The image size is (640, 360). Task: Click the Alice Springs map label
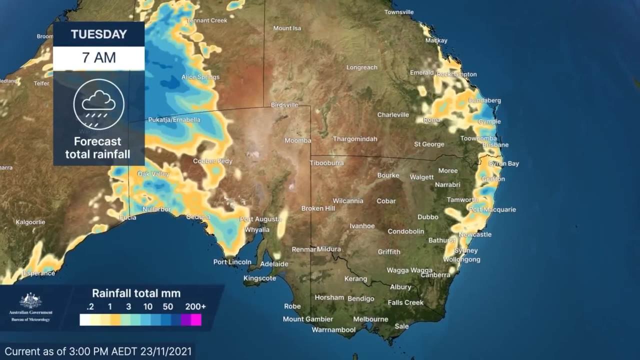coord(200,77)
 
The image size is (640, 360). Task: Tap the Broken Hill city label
coord(318,208)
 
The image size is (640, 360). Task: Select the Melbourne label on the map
coord(370,319)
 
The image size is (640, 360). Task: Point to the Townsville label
coord(399,12)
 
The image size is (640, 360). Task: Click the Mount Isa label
coord(287,28)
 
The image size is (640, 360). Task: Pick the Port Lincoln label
coord(232,262)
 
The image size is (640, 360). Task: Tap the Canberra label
coord(435,275)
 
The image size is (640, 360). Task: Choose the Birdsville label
coord(284,105)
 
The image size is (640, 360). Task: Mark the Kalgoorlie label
coord(30,222)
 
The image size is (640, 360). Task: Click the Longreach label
coord(361,67)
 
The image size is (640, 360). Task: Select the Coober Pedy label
coord(212,161)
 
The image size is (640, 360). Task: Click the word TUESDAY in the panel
coord(99,34)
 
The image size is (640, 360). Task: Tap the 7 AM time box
coord(99,57)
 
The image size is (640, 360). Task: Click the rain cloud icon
coord(98,104)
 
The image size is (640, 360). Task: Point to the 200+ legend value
coord(195,306)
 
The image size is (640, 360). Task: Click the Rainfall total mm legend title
coord(136,293)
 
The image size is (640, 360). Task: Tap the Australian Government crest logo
coord(30,300)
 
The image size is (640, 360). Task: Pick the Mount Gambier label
coord(307,319)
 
